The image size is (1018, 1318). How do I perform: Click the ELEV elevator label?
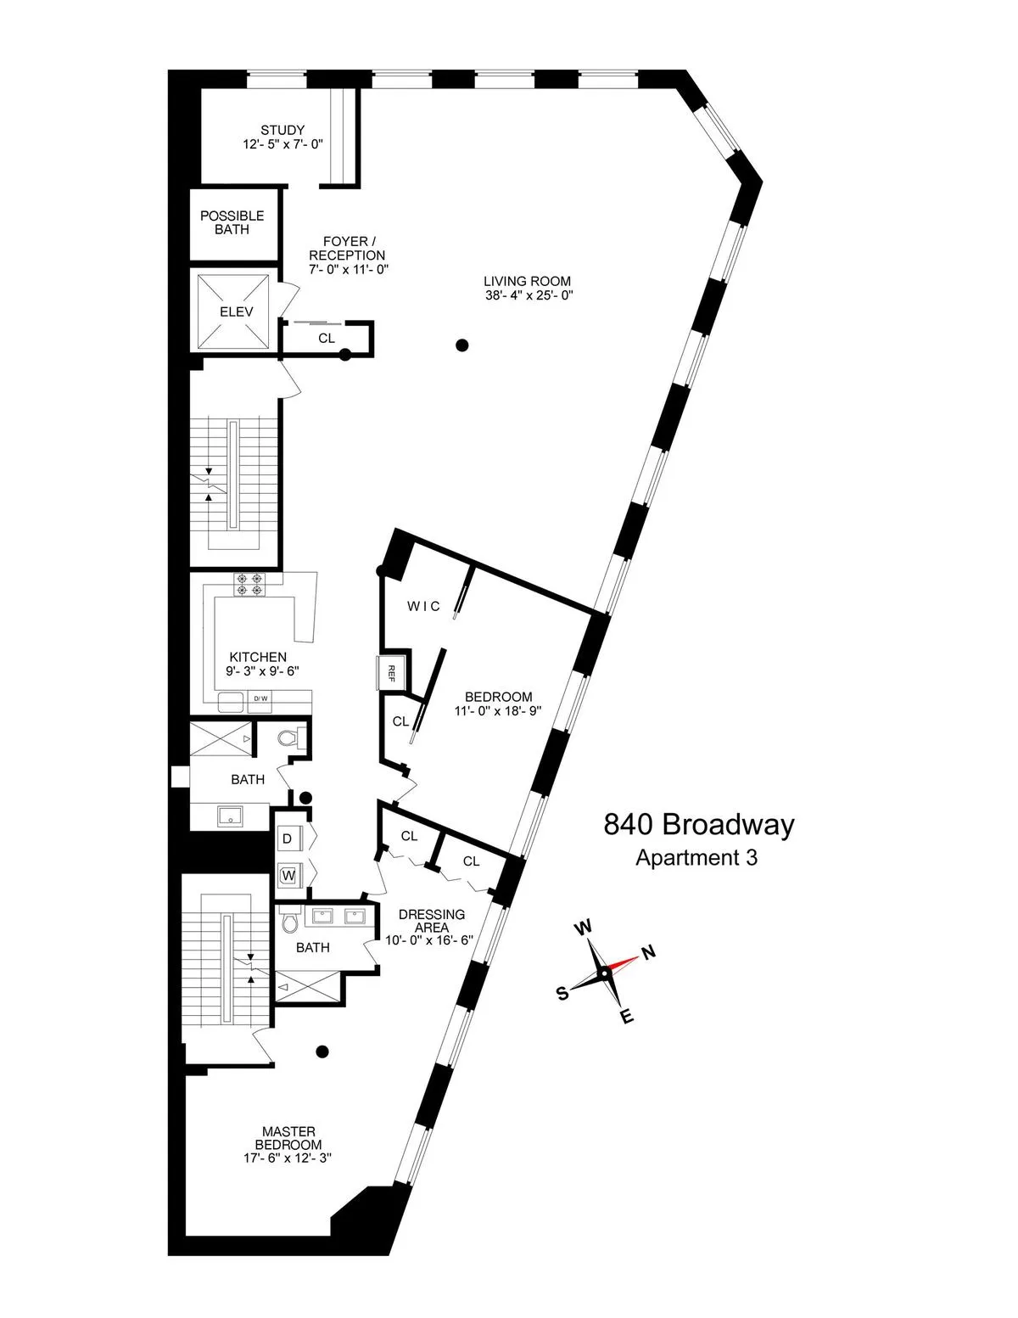pos(236,311)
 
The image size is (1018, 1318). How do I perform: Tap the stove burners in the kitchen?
pos(250,584)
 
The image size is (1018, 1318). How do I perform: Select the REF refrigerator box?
pos(392,673)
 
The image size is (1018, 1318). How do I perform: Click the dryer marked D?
pos(288,838)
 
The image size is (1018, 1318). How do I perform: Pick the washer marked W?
pos(288,875)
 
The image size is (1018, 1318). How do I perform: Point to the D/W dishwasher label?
pos(260,698)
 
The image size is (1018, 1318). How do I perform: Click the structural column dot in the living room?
pos(461,345)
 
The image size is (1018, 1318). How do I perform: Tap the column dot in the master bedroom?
pos(322,1052)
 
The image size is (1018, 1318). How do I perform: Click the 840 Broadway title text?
pos(698,825)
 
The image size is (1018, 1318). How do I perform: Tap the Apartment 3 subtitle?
pos(696,857)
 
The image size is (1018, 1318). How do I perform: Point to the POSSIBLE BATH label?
pos(232,222)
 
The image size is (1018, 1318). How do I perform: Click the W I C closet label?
pos(423,606)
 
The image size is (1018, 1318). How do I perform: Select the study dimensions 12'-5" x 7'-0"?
pos(282,144)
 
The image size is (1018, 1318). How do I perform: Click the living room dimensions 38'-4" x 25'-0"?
pos(527,295)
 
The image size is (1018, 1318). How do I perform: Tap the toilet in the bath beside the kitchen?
pos(288,739)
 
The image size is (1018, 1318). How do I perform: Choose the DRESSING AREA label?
pos(431,921)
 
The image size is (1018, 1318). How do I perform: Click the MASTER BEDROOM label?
pos(288,1138)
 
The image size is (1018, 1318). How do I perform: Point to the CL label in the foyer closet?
pos(327,338)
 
